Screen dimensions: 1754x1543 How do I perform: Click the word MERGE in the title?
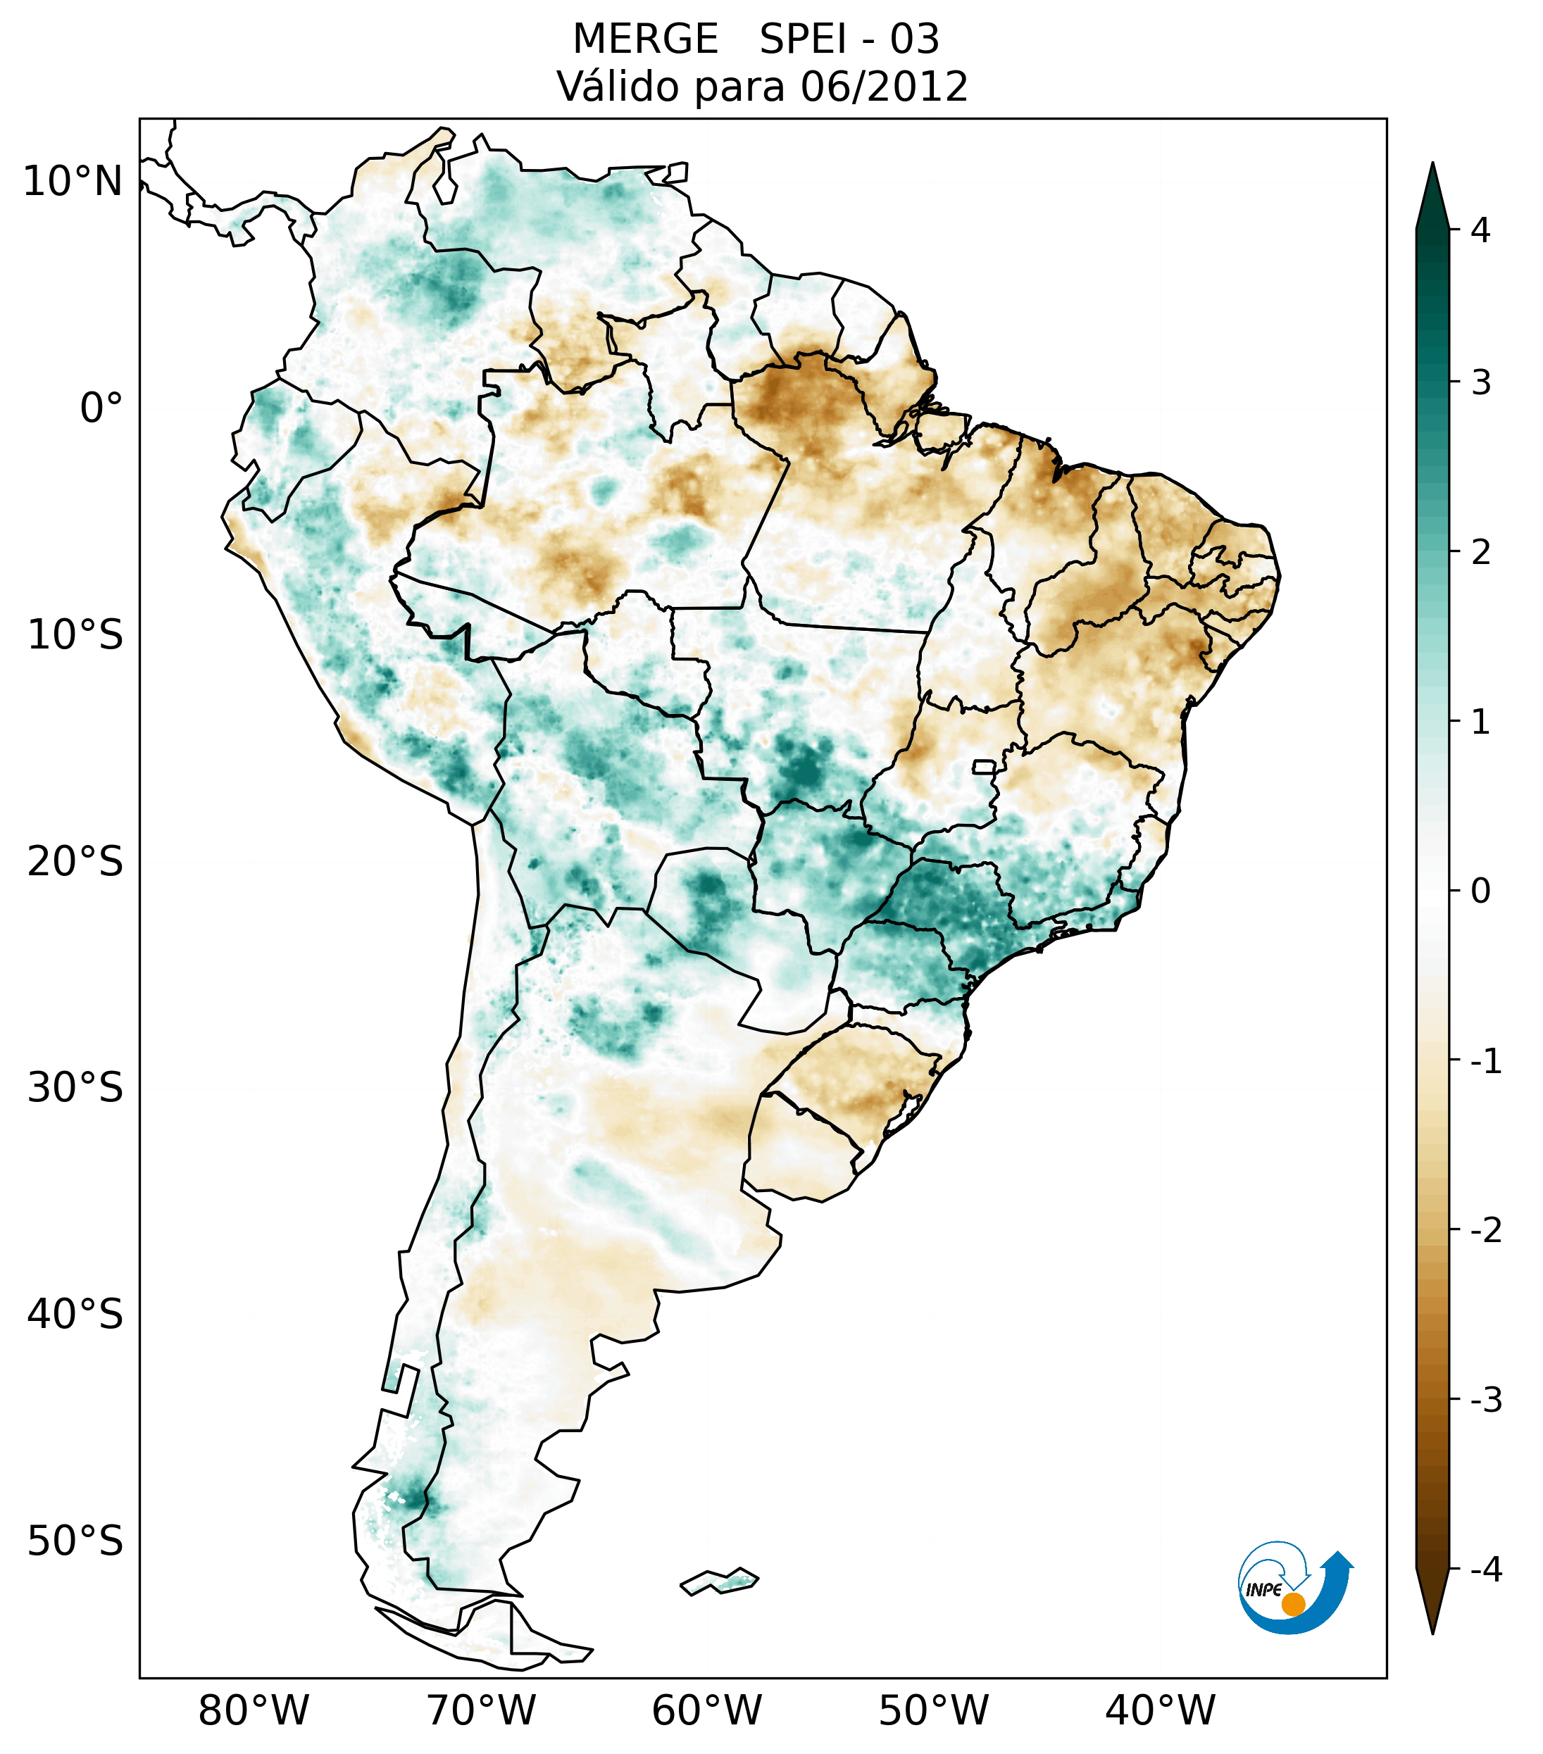tap(644, 39)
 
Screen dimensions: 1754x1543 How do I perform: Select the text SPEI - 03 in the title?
tap(849, 39)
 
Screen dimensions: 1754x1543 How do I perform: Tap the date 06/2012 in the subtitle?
tap(884, 87)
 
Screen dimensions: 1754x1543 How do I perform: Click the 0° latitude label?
tap(101, 408)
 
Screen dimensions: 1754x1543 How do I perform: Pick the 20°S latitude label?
tap(75, 862)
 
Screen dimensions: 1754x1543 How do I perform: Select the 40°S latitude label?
tap(75, 1315)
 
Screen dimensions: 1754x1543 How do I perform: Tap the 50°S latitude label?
tap(75, 1541)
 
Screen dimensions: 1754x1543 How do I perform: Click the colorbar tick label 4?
tap(1480, 230)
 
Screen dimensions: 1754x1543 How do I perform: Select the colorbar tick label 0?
tap(1480, 891)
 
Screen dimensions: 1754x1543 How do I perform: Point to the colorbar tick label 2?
tap(1480, 552)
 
